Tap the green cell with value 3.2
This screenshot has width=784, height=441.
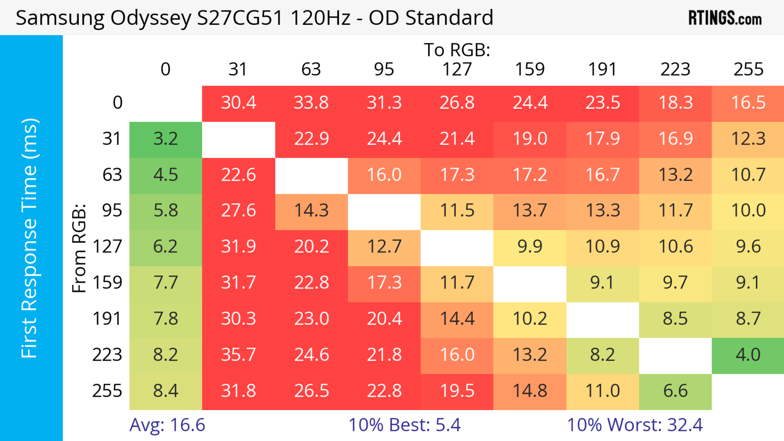coord(166,139)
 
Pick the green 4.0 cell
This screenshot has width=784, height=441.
coord(748,355)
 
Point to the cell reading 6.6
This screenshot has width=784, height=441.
coord(675,391)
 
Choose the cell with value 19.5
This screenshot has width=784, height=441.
coord(457,391)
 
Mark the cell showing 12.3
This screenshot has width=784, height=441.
coord(748,139)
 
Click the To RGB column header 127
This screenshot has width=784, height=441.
coord(457,69)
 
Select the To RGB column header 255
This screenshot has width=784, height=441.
coord(748,69)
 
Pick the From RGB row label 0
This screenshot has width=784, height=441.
coord(117,102)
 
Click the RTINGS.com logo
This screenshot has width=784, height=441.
coord(725,18)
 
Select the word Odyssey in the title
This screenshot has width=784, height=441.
coord(151,18)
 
